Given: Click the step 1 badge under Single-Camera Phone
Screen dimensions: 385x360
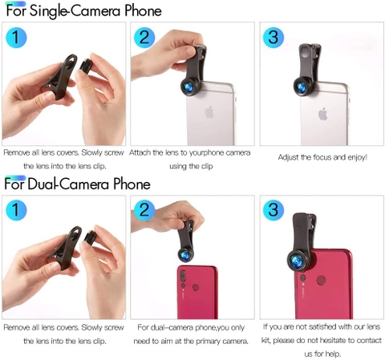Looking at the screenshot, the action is pyautogui.click(x=16, y=37).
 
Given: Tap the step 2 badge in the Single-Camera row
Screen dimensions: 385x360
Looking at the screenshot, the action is pyautogui.click(x=144, y=37).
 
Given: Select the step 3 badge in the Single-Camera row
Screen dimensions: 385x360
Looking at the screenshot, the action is pyautogui.click(x=274, y=37).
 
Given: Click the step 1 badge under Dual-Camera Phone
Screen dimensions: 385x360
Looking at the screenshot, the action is pyautogui.click(x=16, y=210).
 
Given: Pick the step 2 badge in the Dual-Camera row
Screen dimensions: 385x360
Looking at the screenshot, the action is pyautogui.click(x=144, y=210).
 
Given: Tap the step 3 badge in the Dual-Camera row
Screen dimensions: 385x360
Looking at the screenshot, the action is pyautogui.click(x=274, y=210).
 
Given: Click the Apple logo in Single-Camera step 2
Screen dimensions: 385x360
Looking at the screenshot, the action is pyautogui.click(x=209, y=112).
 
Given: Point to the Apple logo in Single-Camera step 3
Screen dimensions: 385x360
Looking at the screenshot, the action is pyautogui.click(x=323, y=114).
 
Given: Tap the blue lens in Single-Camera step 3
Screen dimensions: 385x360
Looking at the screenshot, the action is pyautogui.click(x=302, y=87).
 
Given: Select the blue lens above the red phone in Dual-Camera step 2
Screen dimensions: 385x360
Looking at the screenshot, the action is pyautogui.click(x=185, y=255).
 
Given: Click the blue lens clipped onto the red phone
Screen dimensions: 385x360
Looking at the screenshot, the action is pyautogui.click(x=298, y=260).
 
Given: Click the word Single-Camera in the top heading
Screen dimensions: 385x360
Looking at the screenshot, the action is pyautogui.click(x=75, y=11).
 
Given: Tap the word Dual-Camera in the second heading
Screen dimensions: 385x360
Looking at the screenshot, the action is pyautogui.click(x=68, y=184).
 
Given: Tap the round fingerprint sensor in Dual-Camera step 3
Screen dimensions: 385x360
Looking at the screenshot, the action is pyautogui.click(x=321, y=281).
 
